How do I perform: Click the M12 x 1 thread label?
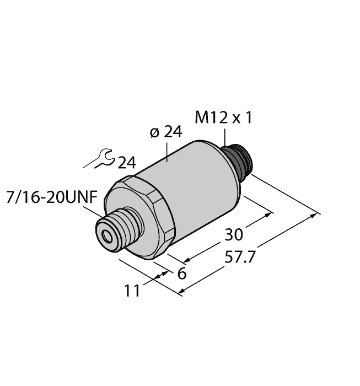pos(224,117)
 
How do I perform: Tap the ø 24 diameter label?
pos(166,132)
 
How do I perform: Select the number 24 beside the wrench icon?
pos(126,163)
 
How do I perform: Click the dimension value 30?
pos(234,235)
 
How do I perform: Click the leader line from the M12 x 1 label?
pos(225,137)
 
